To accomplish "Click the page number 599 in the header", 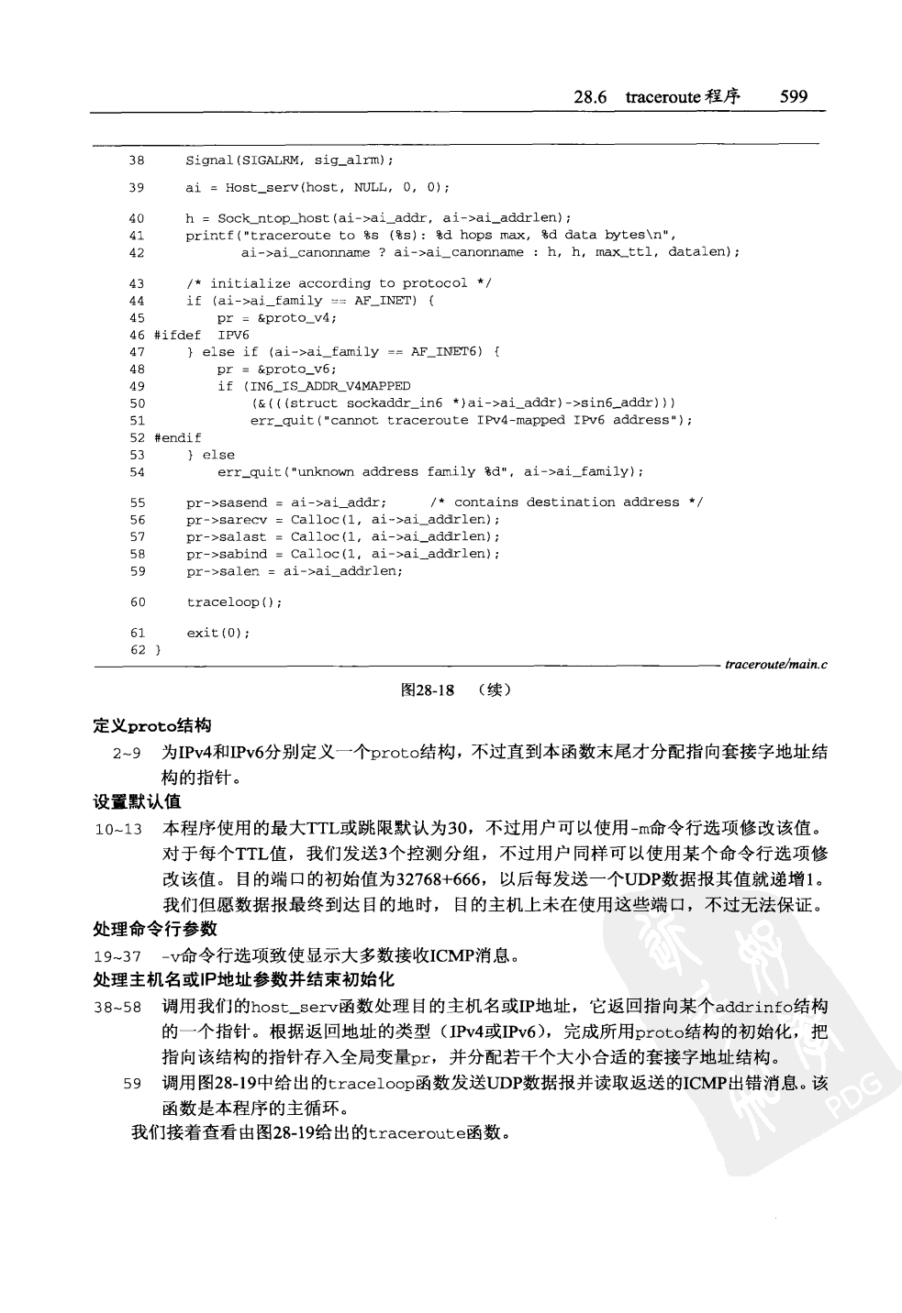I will (x=793, y=96).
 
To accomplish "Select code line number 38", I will (x=137, y=160).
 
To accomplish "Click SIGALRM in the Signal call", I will (x=273, y=160).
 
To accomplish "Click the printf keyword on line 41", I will (x=207, y=236).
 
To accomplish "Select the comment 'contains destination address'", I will (x=566, y=502).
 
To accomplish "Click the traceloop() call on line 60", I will (x=234, y=602).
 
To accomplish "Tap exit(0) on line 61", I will (x=217, y=633).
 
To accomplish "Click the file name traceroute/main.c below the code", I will (x=775, y=665).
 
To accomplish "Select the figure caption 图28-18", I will (x=428, y=690).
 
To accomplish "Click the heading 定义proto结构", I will (x=152, y=726).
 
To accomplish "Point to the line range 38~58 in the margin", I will (x=117, y=1007).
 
